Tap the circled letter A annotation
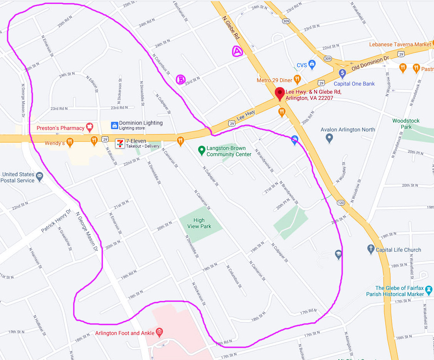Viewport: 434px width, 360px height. click(x=237, y=51)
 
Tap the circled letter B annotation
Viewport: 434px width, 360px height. click(x=181, y=79)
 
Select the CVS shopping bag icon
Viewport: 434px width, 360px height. click(x=312, y=64)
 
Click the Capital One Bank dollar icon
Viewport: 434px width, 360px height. click(x=342, y=73)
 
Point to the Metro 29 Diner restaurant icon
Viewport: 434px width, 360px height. click(x=297, y=80)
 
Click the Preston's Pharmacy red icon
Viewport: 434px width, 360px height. click(x=90, y=126)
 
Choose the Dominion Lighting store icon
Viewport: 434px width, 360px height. click(x=114, y=125)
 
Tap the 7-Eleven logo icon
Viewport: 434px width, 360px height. click(x=121, y=143)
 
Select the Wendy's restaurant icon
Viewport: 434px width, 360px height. click(x=70, y=142)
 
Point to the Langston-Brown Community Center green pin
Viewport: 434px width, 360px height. click(x=201, y=150)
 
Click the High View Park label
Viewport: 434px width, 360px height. click(x=199, y=223)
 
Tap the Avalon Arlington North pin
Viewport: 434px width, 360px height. click(x=329, y=138)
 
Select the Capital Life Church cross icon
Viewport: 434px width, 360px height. click(x=370, y=249)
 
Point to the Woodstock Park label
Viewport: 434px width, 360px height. click(x=406, y=124)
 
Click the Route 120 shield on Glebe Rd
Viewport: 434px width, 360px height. click(x=340, y=202)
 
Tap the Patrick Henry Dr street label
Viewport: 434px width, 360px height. click(x=56, y=221)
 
